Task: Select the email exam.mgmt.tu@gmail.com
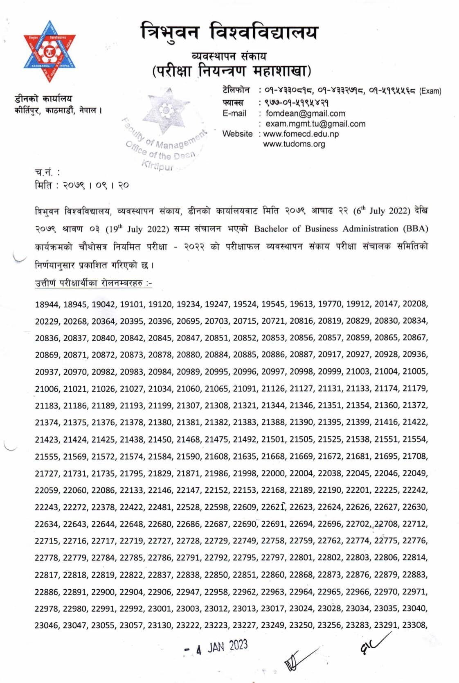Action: click(x=315, y=124)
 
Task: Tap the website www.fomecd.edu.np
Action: click(x=301, y=134)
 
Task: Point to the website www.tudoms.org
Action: click(x=294, y=144)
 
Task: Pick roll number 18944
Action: click(x=47, y=304)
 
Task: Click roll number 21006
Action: click(x=47, y=389)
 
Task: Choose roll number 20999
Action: click(x=330, y=372)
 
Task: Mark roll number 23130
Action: click(x=160, y=625)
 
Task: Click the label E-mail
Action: click(x=234, y=113)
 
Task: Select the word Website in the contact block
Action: click(x=237, y=134)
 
